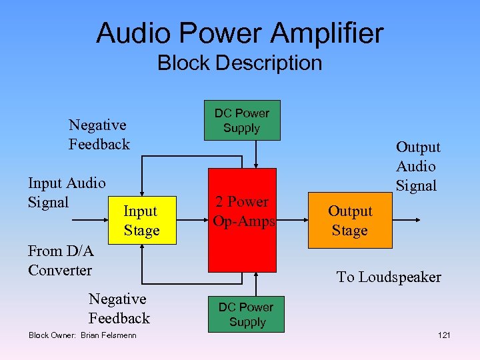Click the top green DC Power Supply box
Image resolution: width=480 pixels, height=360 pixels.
tap(241, 121)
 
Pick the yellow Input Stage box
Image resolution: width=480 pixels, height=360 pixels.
tap(141, 221)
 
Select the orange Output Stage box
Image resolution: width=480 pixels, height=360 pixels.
tap(350, 221)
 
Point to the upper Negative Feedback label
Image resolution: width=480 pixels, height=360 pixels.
tap(99, 135)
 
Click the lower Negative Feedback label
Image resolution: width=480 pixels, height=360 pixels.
tap(119, 309)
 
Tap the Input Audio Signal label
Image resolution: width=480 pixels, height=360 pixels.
tap(66, 192)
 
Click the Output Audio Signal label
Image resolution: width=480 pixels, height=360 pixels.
tap(417, 166)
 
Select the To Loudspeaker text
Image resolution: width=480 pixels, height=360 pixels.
tap(388, 277)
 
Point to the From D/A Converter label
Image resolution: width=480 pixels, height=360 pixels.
tap(60, 261)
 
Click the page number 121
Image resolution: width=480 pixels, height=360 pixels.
tap(444, 335)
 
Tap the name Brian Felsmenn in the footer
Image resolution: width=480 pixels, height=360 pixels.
tap(108, 335)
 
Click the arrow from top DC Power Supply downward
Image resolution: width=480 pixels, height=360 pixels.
tap(257, 154)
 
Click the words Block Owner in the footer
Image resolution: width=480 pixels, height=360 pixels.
tap(51, 335)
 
